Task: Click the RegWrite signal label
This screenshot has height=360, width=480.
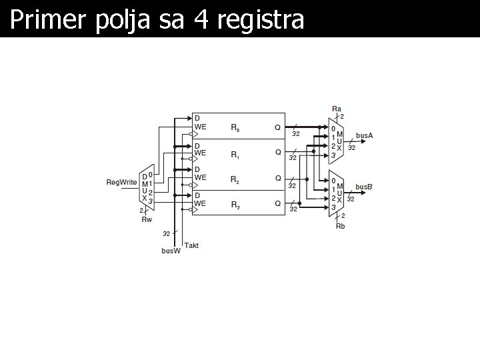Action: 121,181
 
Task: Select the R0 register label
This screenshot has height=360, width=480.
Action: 235,127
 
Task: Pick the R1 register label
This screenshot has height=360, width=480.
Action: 235,154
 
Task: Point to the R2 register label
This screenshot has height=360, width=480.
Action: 235,179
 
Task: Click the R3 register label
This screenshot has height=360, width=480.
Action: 235,205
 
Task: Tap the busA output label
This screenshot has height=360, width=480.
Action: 364,135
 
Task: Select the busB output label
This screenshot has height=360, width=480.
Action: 363,186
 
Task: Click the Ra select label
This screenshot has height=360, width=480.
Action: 337,109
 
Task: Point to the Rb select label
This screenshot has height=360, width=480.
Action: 340,225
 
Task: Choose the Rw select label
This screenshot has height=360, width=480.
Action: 147,219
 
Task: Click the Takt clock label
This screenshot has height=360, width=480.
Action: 191,245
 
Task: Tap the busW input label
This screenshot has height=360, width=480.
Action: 171,251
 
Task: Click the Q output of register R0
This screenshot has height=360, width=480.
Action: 278,127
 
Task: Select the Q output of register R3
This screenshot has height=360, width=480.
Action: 278,203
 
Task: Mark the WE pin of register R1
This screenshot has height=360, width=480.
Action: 200,153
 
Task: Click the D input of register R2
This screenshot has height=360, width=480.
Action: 197,170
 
